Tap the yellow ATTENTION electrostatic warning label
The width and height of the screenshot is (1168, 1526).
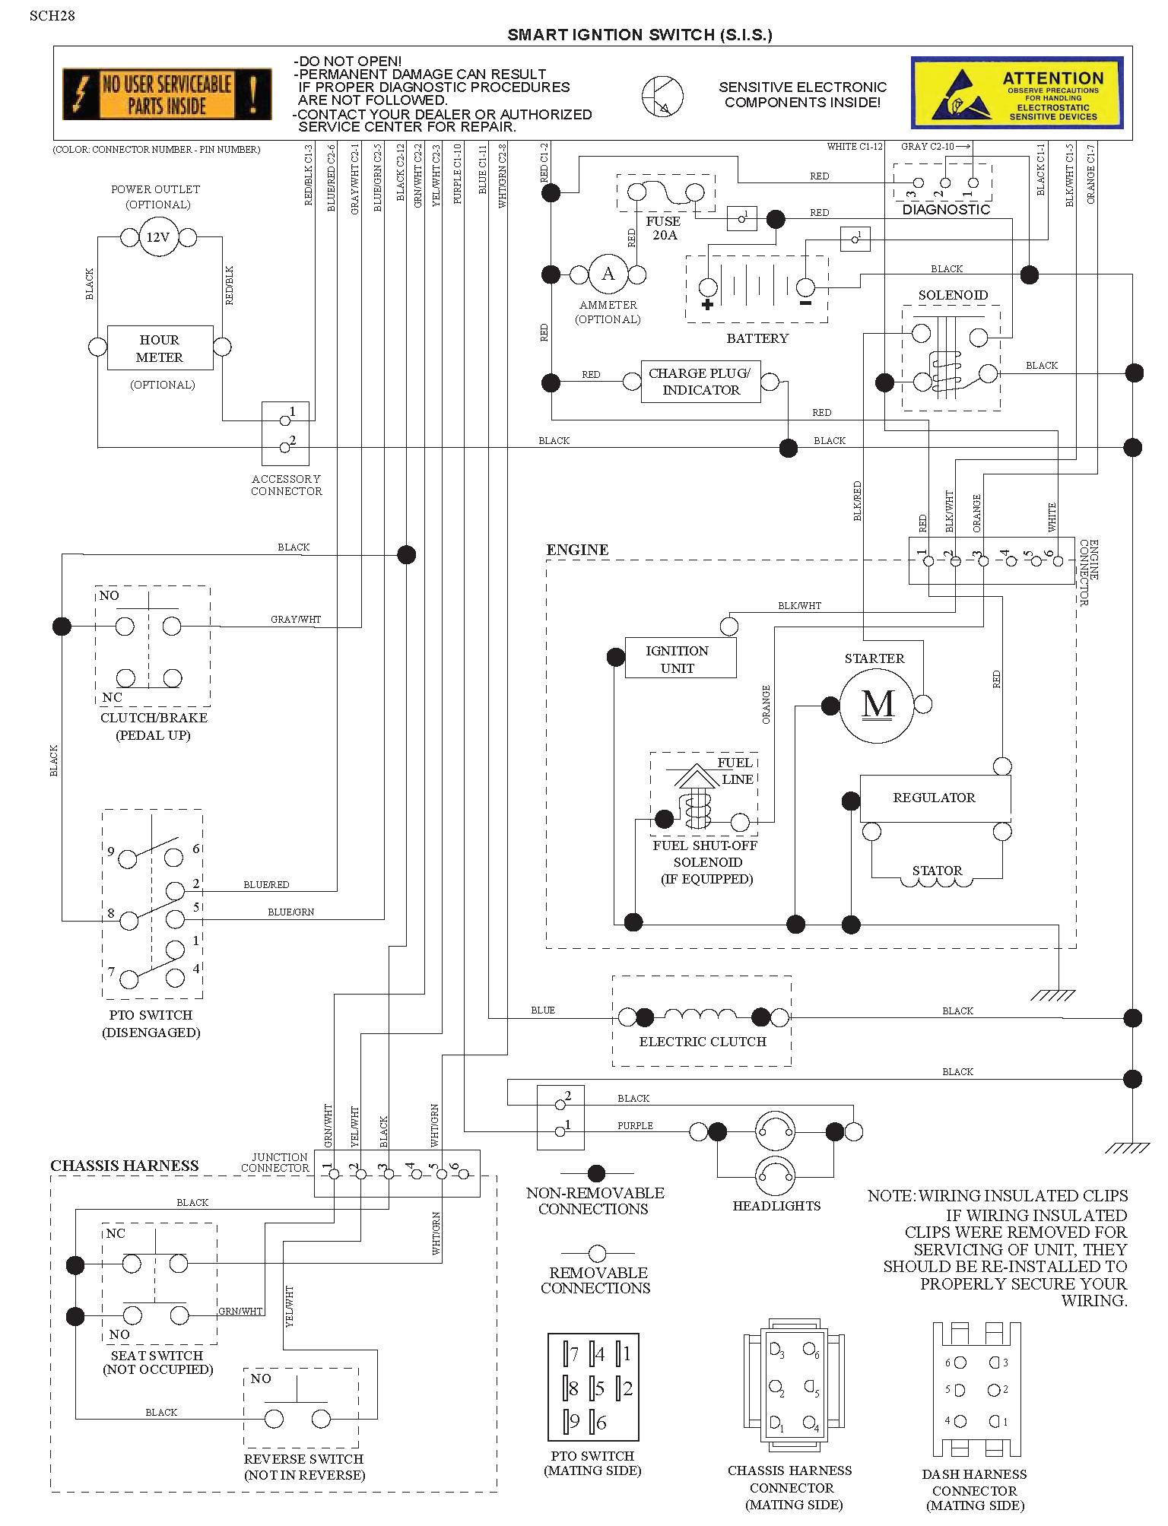[x=1017, y=93]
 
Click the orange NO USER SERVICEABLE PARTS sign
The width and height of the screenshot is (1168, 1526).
[x=167, y=94]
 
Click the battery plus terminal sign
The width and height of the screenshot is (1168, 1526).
[x=708, y=305]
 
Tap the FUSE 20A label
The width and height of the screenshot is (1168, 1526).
[x=664, y=228]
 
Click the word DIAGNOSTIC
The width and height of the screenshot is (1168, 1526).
[x=946, y=210]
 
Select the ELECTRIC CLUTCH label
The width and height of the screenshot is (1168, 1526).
[x=703, y=1042]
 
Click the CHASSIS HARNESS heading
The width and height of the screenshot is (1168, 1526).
[x=125, y=1166]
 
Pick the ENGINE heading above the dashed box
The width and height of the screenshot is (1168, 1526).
[x=577, y=550]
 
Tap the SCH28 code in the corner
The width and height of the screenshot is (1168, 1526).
[x=52, y=15]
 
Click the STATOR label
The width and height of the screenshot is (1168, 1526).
[x=937, y=871]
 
